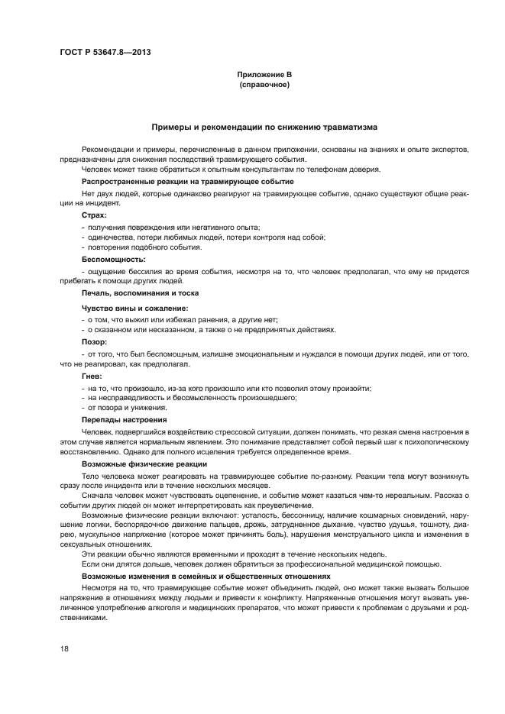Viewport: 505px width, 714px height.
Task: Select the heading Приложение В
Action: click(x=263, y=73)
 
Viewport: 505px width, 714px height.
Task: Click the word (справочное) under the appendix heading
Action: click(x=263, y=84)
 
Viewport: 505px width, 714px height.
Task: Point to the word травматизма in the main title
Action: click(x=348, y=128)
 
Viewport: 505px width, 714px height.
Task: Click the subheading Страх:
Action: click(x=95, y=216)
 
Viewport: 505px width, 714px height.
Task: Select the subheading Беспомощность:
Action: click(x=113, y=260)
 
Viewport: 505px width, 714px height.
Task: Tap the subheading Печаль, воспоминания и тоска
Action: click(x=141, y=292)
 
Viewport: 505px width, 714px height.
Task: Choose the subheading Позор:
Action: click(x=95, y=341)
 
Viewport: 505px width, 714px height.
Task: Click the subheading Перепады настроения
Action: click(x=124, y=420)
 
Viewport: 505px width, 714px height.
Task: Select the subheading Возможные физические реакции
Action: click(x=142, y=464)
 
